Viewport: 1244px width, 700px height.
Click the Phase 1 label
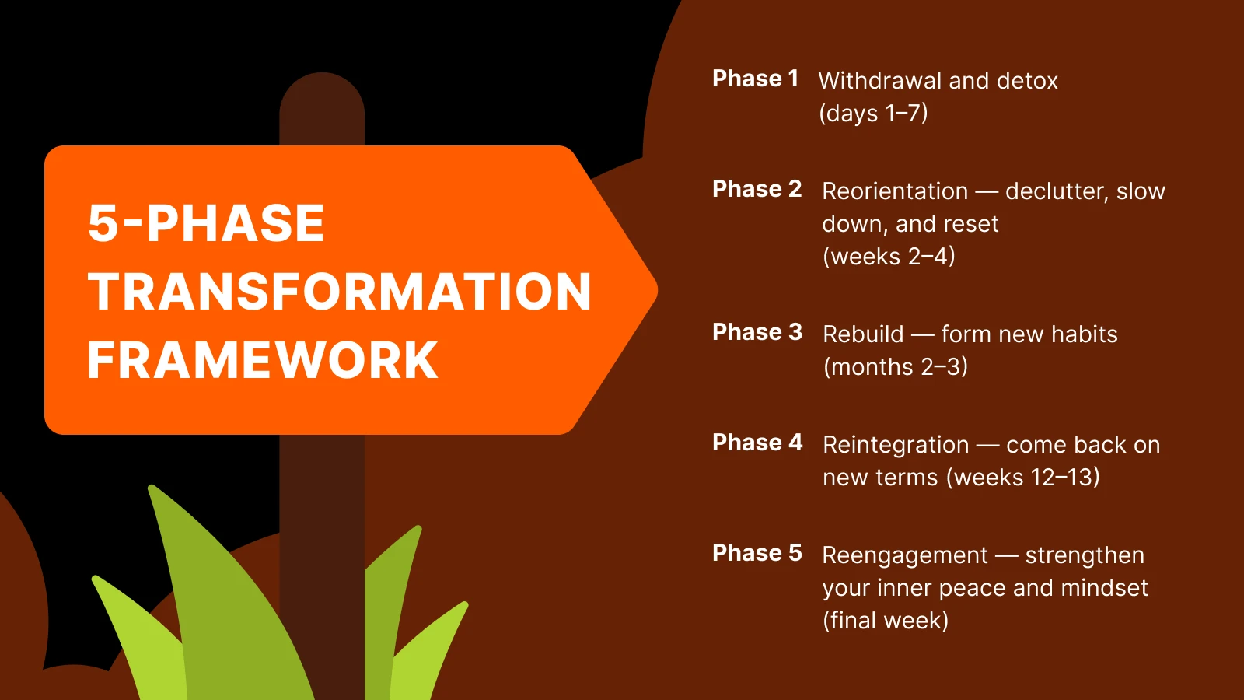pos(755,79)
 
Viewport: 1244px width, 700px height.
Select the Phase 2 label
pos(757,189)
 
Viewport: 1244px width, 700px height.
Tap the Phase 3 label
pos(757,332)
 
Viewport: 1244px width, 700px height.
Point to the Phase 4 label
pos(757,443)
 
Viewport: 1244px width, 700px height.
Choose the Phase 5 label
pos(757,553)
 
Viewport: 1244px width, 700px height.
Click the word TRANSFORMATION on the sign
pos(340,292)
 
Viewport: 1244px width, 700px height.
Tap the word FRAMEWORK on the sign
pos(263,360)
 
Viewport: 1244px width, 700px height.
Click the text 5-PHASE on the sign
pos(206,223)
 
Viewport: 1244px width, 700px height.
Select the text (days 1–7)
pos(873,114)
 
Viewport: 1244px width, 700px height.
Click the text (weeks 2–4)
pos(889,256)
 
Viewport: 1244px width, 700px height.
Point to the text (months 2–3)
pos(896,366)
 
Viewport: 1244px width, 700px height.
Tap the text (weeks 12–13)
pos(1023,477)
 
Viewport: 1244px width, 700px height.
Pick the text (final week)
pos(886,620)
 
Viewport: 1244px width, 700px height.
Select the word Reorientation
pos(895,191)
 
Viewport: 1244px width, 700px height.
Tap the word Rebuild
pos(863,334)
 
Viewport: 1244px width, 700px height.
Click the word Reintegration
pos(896,445)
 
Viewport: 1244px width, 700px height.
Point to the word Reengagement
pos(905,555)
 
